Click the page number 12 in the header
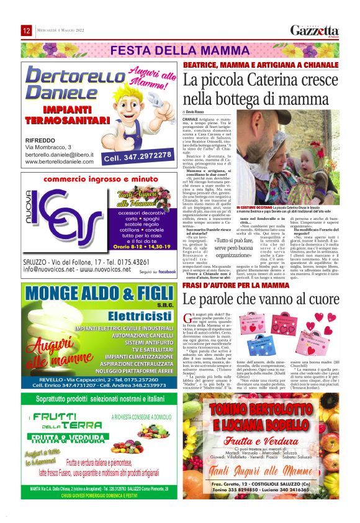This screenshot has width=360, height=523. (27, 31)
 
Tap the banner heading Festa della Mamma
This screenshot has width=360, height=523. (179, 50)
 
